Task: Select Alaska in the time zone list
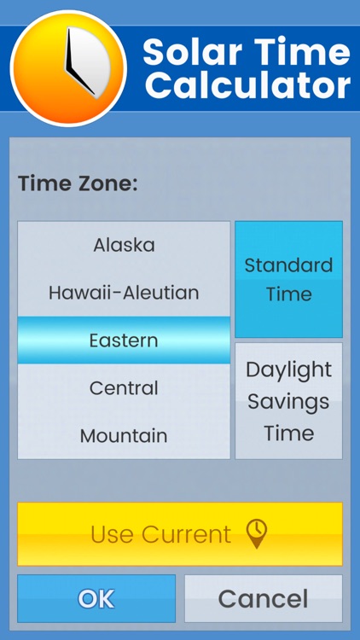124,245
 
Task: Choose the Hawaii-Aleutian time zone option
124,293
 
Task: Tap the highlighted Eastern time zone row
124,340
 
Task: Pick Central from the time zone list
124,388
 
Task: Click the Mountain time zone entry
124,436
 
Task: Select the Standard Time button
288,279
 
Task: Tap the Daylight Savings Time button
288,401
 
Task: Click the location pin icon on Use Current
257,533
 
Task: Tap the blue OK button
96,598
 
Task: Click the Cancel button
263,598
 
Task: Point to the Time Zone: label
78,183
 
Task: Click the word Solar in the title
187,53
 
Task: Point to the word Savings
288,401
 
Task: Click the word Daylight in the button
288,370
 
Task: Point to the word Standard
288,265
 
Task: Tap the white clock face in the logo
85,64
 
